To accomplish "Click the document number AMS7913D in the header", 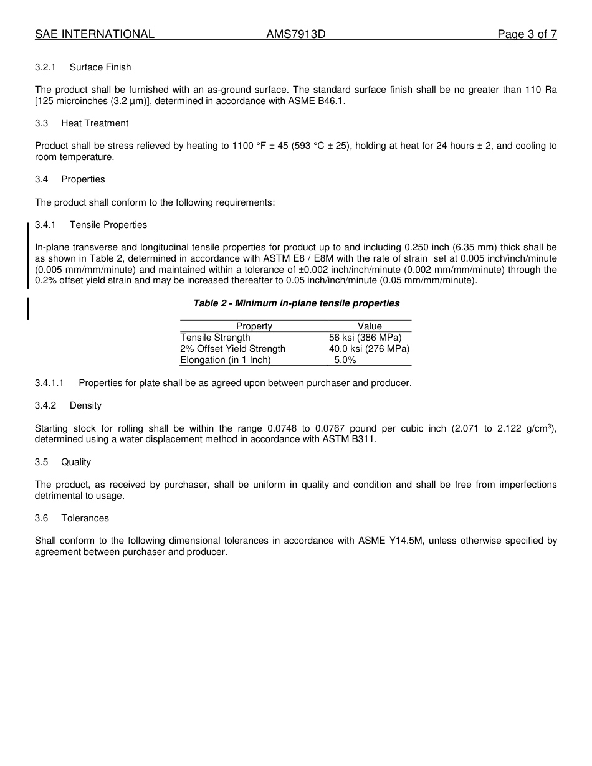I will coord(295,34).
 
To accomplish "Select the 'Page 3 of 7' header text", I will coord(527,34).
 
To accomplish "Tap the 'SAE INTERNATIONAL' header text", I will coord(95,34).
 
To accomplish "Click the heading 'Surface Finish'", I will coord(100,67).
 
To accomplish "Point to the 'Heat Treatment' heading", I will coord(95,123).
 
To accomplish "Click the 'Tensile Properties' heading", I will coord(108,225).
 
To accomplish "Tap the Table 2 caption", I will coord(296,303).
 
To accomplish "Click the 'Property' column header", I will coord(254,326).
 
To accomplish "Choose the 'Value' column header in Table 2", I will coord(370,326).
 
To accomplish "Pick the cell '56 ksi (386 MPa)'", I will coord(365,338).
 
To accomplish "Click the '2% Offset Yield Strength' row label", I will coord(232,349).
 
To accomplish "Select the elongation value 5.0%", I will coord(345,360).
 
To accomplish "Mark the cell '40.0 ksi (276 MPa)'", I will coord(369,349).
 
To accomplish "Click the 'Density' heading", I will coord(85,405).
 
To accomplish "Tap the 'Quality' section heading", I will coord(76,462).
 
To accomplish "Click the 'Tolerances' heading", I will coord(85,518).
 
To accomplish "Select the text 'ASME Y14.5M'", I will coord(391,541).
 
